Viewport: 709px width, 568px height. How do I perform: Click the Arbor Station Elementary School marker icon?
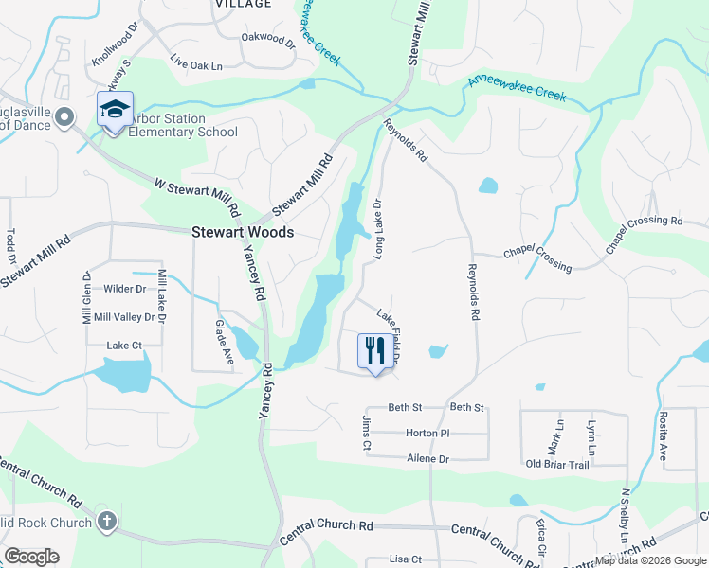point(115,109)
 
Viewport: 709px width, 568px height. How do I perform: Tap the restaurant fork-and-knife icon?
point(373,351)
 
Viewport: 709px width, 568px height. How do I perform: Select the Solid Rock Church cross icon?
point(107,521)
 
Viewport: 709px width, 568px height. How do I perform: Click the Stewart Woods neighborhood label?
point(243,232)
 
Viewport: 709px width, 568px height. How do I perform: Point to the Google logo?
point(31,557)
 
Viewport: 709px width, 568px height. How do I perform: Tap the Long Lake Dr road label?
point(377,230)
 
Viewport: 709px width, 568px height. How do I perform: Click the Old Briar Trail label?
point(557,464)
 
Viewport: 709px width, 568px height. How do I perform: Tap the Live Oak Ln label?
point(195,65)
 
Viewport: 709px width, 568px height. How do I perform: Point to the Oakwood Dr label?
point(268,38)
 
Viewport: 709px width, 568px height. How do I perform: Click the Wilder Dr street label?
point(125,289)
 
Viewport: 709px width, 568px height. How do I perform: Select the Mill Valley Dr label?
point(124,316)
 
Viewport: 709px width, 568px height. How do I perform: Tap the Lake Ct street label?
point(124,346)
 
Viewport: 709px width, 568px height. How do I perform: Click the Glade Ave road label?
point(225,335)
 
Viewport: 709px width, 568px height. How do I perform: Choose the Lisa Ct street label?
point(405,559)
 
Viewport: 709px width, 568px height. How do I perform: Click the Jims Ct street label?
point(366,426)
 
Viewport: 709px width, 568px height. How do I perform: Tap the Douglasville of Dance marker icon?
point(64,117)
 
